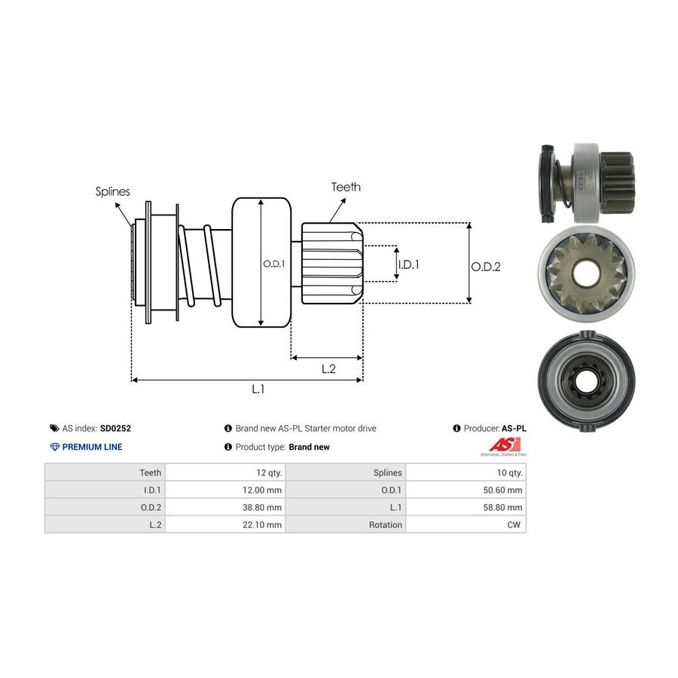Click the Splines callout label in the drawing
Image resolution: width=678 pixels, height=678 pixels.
[112, 191]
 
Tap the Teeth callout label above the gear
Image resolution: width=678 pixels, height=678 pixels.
[346, 187]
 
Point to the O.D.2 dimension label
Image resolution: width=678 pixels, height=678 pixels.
[486, 266]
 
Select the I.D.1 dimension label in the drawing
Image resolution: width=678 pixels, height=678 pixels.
[408, 264]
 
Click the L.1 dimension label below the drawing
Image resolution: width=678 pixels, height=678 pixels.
[258, 389]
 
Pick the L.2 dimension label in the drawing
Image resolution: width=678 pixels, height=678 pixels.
[328, 368]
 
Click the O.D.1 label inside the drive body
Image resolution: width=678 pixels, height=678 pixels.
[273, 264]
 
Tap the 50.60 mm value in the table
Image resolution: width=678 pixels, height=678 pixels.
[502, 490]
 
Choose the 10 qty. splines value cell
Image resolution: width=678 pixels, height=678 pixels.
[508, 472]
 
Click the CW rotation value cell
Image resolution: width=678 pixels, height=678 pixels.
[515, 524]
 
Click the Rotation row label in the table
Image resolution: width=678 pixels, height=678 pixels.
[385, 524]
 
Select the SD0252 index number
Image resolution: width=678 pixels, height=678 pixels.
[116, 428]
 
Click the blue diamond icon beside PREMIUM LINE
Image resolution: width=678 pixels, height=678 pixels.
[54, 447]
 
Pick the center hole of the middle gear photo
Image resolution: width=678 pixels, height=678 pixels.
[585, 271]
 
